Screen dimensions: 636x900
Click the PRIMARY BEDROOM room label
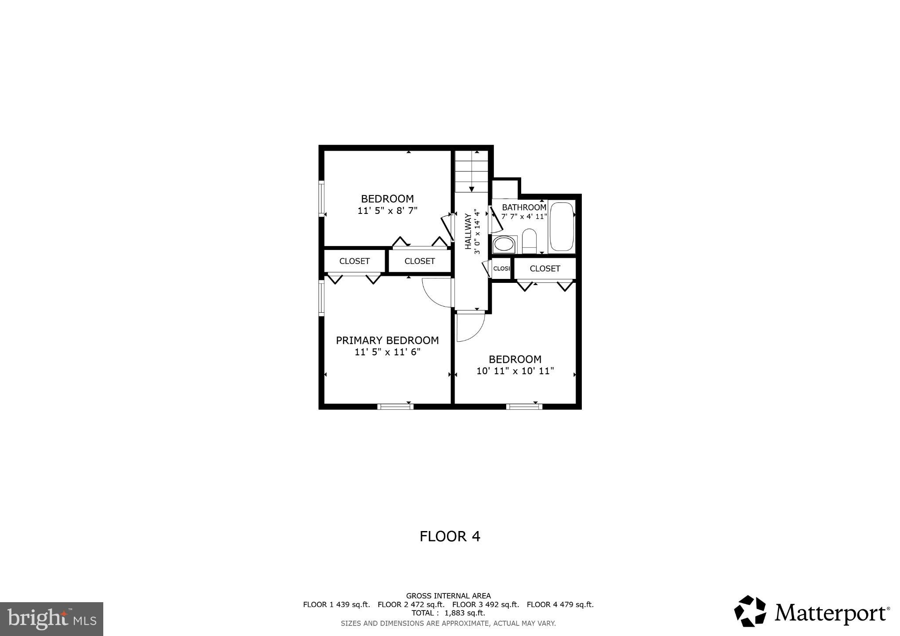click(387, 340)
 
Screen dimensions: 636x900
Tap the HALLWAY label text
click(468, 231)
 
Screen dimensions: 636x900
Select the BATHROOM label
click(524, 207)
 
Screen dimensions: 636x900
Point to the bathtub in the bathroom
click(562, 227)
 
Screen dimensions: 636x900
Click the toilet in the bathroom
click(529, 240)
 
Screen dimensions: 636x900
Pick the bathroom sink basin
click(504, 244)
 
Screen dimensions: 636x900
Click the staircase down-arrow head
click(472, 189)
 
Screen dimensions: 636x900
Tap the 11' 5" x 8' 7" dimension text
click(387, 211)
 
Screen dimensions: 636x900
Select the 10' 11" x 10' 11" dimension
click(515, 371)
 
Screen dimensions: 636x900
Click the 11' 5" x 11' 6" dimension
click(387, 352)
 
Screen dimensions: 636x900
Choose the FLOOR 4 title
click(450, 536)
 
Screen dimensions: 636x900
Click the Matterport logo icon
click(750, 611)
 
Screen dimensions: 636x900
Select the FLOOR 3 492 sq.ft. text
click(486, 605)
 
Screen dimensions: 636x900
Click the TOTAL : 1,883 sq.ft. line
click(448, 613)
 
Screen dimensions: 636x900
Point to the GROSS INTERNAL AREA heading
click(448, 596)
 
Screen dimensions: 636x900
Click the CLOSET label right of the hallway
click(545, 268)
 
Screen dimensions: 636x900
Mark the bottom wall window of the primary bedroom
click(396, 407)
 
